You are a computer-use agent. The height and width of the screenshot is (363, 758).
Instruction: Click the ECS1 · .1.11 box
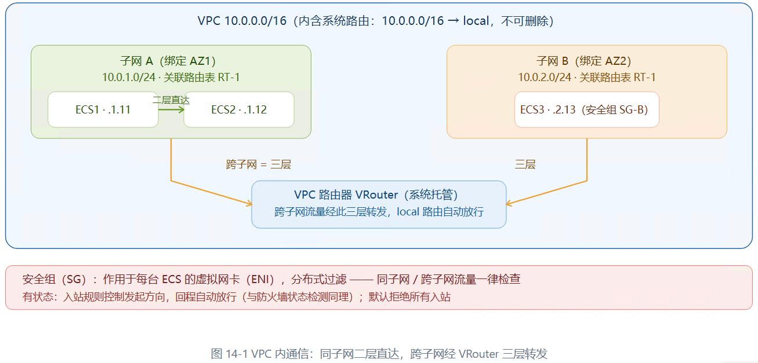click(103, 110)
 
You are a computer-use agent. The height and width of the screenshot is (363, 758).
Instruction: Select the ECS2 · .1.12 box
click(239, 110)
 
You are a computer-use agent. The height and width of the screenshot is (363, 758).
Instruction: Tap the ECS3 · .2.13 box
click(587, 110)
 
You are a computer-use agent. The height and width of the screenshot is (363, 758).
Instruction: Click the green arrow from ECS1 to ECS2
click(171, 109)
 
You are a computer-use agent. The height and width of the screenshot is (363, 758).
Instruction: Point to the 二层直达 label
click(171, 100)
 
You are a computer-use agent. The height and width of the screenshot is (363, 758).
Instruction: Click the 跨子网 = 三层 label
click(259, 164)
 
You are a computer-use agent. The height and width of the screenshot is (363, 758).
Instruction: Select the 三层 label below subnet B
click(525, 164)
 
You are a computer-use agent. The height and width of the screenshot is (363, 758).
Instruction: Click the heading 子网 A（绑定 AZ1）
click(168, 61)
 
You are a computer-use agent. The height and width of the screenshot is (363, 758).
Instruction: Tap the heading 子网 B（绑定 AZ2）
click(583, 61)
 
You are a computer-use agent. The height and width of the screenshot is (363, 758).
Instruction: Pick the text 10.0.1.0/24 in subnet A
click(129, 78)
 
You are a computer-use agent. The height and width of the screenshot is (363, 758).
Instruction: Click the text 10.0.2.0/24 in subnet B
click(545, 78)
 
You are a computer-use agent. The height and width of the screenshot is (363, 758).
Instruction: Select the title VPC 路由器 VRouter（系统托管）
click(376, 195)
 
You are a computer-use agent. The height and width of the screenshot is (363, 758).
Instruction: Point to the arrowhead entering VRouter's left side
click(249, 203)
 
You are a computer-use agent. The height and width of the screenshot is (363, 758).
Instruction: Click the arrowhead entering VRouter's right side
click(509, 203)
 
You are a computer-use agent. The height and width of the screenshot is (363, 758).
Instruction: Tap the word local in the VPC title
click(476, 21)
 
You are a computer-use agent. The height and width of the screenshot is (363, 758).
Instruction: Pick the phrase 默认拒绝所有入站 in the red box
click(409, 297)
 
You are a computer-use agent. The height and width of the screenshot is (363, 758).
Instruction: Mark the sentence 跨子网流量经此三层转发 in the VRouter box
click(330, 212)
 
